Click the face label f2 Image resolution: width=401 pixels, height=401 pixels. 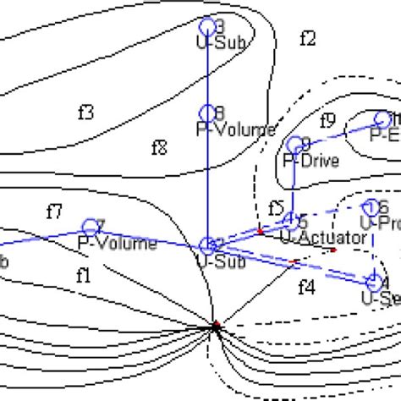(x=308, y=38)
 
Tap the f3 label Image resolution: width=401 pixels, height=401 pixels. (x=85, y=112)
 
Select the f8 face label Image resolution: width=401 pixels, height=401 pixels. (x=159, y=148)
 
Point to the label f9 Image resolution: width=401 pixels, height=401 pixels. (x=328, y=119)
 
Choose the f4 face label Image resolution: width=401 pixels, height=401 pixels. (x=306, y=288)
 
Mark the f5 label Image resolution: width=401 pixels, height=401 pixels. (x=276, y=207)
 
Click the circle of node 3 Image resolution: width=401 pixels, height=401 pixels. (x=207, y=26)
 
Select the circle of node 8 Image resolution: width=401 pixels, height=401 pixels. (x=207, y=113)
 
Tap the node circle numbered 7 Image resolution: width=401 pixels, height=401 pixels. (x=90, y=227)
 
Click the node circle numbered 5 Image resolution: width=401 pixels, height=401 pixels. (x=290, y=222)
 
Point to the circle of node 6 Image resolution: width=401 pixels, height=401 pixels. (x=371, y=207)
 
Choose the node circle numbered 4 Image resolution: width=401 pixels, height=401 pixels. (x=374, y=282)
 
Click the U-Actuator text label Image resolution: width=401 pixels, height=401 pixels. (x=323, y=239)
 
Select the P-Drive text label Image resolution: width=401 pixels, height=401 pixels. (x=311, y=160)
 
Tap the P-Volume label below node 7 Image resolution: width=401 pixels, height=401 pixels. (x=118, y=244)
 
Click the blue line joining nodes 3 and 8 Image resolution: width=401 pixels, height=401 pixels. (x=207, y=69)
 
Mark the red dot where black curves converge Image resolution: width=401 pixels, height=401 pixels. (x=217, y=324)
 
